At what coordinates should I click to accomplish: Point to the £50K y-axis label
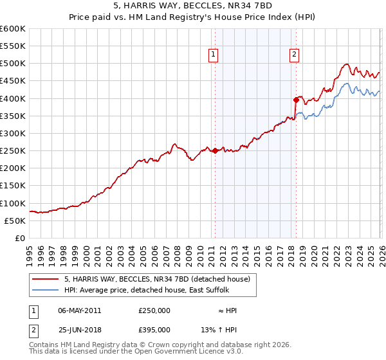point(15,221)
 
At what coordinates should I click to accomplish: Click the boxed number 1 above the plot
point(214,55)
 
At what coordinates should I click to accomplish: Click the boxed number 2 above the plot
point(294,55)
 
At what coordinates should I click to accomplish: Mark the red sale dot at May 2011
point(214,150)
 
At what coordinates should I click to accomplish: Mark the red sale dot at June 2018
point(295,100)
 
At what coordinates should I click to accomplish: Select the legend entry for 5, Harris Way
point(161,278)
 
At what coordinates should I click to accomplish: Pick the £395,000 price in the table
point(154,329)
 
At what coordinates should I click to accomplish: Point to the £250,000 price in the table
point(154,310)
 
